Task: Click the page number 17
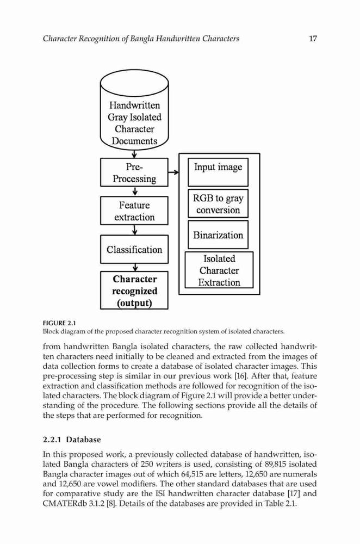tap(313, 38)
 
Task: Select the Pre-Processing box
tap(134, 172)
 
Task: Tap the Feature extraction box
tap(134, 211)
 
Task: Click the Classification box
tap(134, 250)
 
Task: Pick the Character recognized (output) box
tap(134, 290)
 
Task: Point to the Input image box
tap(218, 172)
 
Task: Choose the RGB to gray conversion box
tap(218, 203)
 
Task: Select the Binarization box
tap(218, 235)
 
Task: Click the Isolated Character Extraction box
tap(219, 270)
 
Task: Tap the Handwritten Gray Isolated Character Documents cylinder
tap(134, 110)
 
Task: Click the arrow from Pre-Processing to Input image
tap(173, 172)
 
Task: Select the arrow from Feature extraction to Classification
tap(135, 230)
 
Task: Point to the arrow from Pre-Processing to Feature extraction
tap(135, 191)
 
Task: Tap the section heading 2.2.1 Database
tap(72, 440)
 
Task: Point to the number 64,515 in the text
tap(193, 474)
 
